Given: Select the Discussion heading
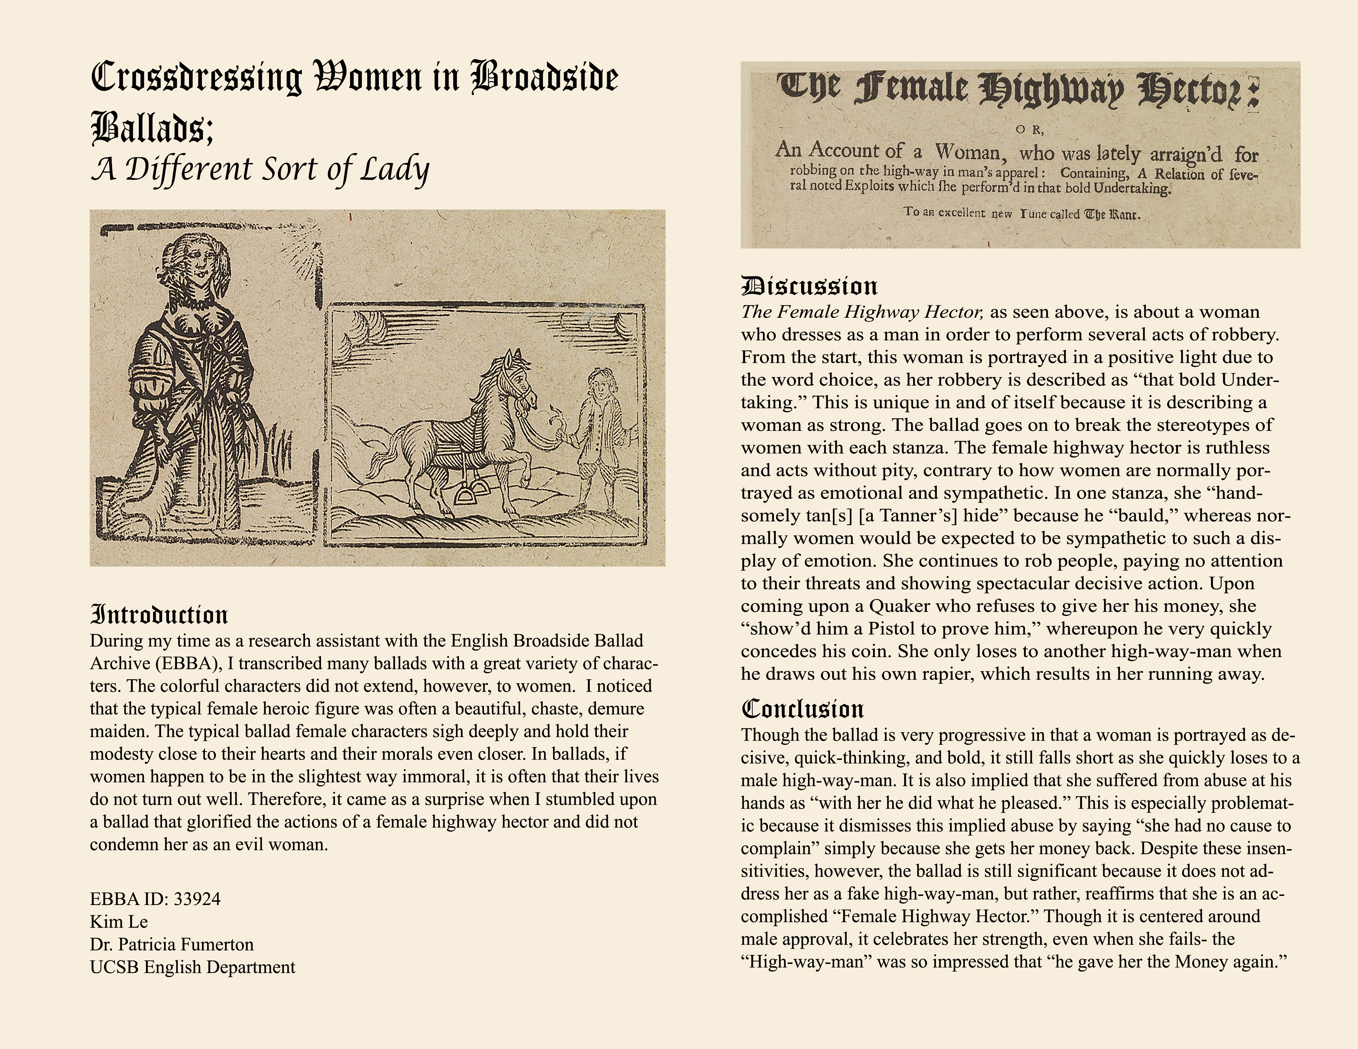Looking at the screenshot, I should click(809, 287).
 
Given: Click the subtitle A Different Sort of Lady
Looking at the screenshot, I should click(260, 169).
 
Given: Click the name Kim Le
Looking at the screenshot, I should click(119, 921).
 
